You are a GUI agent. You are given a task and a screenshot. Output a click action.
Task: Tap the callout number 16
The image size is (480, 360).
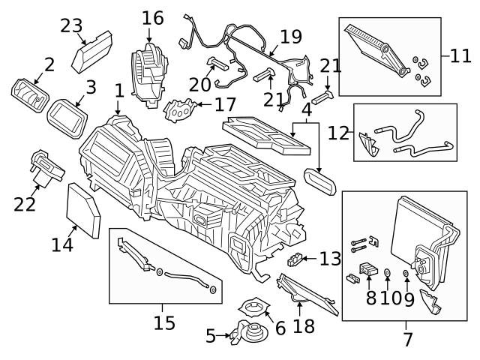[152, 17]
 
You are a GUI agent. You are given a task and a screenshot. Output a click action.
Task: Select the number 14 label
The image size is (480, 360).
[61, 244]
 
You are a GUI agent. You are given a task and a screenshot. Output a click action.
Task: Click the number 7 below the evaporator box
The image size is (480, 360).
[408, 339]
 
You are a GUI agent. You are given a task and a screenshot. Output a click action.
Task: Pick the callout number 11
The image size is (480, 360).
[459, 55]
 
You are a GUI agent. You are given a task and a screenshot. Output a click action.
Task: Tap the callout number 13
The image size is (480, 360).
[330, 259]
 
